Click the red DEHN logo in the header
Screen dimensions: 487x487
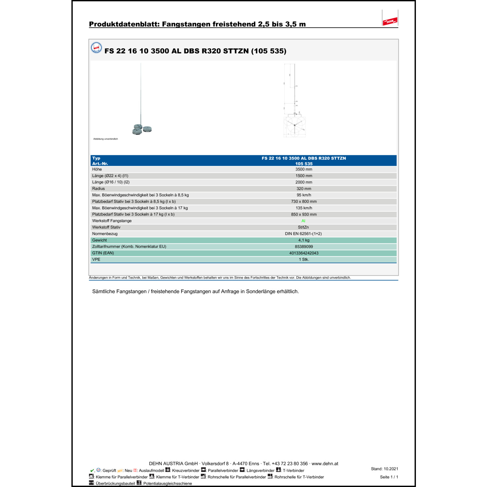pos(390,21)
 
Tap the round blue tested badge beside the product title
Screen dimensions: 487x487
pos(96,48)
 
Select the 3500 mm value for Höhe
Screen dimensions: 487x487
pos(304,169)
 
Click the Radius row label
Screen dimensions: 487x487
pos(98,189)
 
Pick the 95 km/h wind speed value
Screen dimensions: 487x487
pos(304,195)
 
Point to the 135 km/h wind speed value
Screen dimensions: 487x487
pos(304,208)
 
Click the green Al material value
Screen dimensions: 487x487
pos(303,221)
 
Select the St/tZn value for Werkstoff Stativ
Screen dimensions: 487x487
pos(303,227)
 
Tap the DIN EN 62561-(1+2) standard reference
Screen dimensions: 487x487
pos(303,234)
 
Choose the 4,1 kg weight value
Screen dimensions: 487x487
pos(304,240)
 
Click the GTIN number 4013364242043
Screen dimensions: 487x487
pos(304,253)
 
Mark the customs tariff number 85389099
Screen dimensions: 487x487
pos(304,246)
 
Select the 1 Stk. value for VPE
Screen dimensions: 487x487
pos(304,259)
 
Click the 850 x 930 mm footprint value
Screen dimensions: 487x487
pos(304,214)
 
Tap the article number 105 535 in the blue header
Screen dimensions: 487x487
pos(304,164)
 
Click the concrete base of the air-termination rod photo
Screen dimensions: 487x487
pos(142,129)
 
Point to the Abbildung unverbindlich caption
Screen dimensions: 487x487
pos(106,139)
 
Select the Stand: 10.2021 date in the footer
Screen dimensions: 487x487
pos(384,469)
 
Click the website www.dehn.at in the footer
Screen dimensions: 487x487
pos(325,464)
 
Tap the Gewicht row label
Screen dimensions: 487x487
pos(99,240)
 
